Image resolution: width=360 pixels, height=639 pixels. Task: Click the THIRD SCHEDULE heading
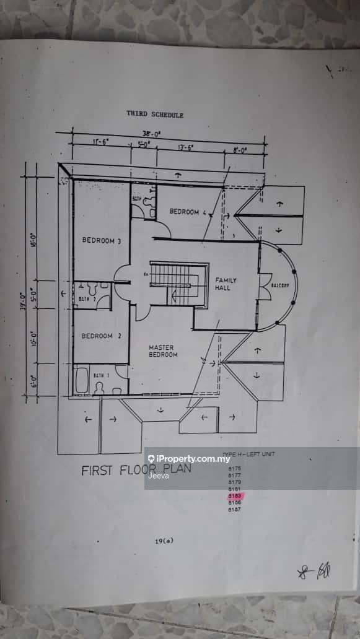click(x=155, y=115)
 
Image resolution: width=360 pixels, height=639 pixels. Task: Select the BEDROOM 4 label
click(x=188, y=212)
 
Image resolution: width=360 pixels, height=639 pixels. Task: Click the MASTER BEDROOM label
click(x=163, y=351)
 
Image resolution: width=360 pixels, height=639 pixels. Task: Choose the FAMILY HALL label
click(x=226, y=284)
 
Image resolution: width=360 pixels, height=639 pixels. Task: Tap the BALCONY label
click(x=280, y=285)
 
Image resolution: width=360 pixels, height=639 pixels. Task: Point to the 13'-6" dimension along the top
click(x=186, y=148)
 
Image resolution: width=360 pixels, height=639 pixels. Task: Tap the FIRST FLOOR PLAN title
click(x=136, y=470)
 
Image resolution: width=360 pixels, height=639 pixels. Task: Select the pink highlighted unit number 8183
click(x=235, y=496)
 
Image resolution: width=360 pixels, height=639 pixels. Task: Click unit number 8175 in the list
click(x=235, y=469)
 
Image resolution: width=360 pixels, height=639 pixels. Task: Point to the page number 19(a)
click(x=164, y=541)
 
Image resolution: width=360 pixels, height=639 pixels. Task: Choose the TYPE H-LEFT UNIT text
click(x=248, y=454)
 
